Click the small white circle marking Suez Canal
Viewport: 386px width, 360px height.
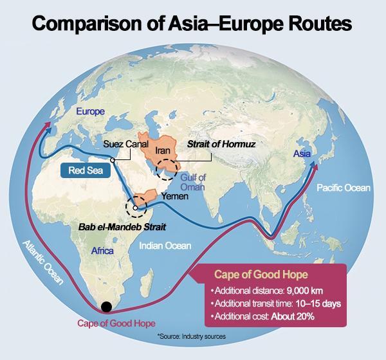(x=113, y=159)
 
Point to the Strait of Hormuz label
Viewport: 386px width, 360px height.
(x=221, y=145)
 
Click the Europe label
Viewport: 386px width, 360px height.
(x=90, y=111)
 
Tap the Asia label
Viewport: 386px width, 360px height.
(x=302, y=154)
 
